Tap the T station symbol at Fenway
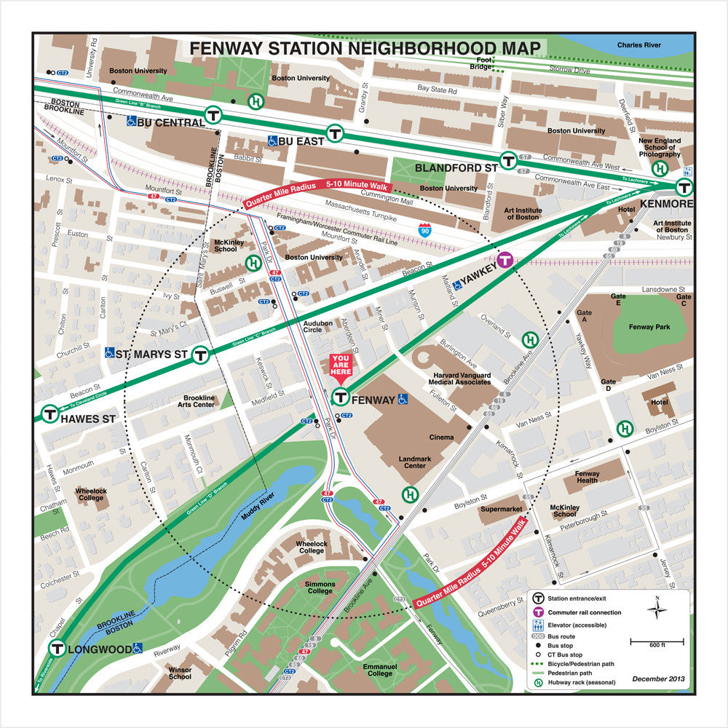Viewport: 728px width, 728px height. pos(340,397)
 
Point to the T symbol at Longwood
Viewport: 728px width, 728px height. pos(57,648)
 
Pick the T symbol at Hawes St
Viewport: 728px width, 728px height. pos(50,413)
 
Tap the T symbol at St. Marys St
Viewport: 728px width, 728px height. pos(201,355)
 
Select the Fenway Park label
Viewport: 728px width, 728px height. pos(649,327)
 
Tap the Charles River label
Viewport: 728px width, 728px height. pos(638,45)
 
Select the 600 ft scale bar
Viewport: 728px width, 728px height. pos(657,643)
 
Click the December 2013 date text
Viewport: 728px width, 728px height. pos(658,678)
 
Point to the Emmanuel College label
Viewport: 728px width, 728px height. pos(381,670)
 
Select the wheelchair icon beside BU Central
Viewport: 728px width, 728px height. pos(131,122)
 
